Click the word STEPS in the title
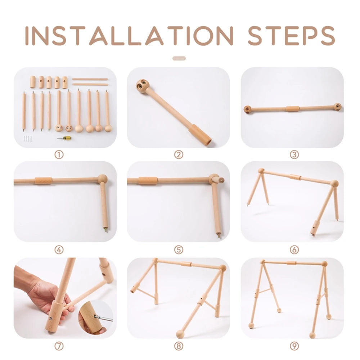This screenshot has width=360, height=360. pyautogui.click(x=291, y=36)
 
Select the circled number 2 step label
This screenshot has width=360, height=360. pyautogui.click(x=179, y=155)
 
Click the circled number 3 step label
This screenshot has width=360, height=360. pyautogui.click(x=294, y=155)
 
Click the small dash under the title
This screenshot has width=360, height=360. pyautogui.click(x=179, y=58)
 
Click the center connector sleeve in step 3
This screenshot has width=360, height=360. pyautogui.click(x=292, y=109)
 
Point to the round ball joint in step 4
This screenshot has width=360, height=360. pyautogui.click(x=102, y=179)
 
